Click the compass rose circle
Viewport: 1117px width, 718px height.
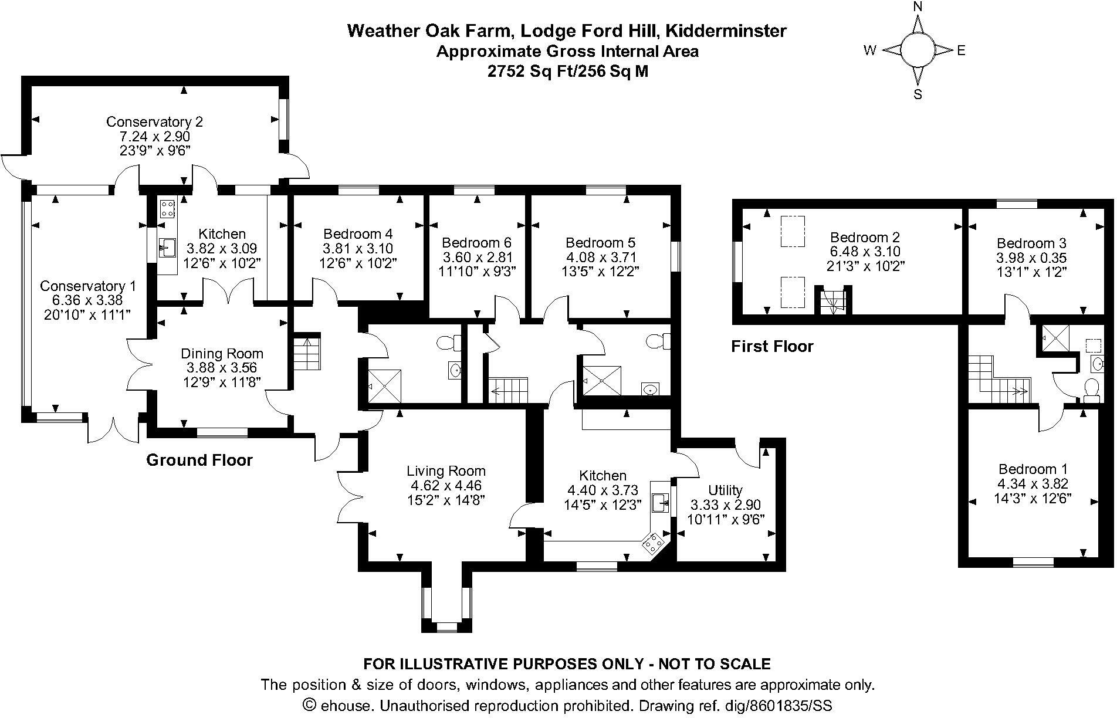(x=918, y=50)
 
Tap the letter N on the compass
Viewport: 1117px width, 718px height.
(x=918, y=7)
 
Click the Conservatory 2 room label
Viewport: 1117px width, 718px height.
(x=154, y=122)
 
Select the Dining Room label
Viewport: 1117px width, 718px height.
(x=222, y=354)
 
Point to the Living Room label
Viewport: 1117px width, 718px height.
(x=446, y=471)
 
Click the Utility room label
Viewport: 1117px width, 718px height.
(x=725, y=490)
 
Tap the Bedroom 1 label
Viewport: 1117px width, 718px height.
(x=1033, y=469)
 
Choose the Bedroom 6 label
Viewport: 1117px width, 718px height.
(x=476, y=243)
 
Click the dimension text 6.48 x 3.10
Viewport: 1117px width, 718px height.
(x=865, y=252)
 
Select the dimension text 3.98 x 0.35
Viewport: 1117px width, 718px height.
(x=1031, y=258)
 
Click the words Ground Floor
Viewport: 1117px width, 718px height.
(x=199, y=460)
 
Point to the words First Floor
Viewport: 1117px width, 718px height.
(x=772, y=346)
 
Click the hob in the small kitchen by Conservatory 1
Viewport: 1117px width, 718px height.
(x=167, y=209)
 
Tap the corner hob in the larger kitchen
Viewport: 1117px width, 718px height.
(x=654, y=543)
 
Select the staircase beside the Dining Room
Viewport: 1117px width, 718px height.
(x=307, y=352)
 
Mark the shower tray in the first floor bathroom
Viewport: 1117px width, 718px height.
(x=1054, y=337)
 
